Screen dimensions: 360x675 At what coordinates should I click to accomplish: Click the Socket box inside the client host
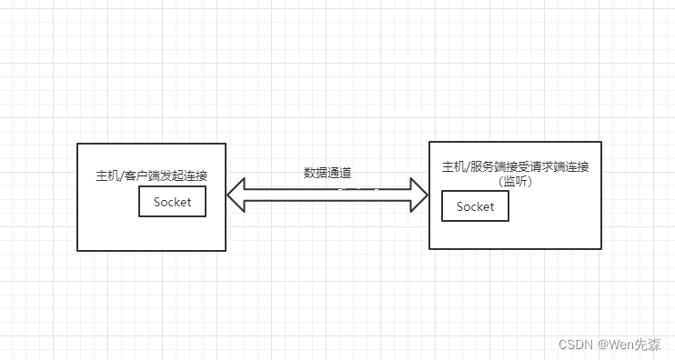pyautogui.click(x=173, y=202)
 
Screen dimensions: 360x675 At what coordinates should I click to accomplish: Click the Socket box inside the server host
pyautogui.click(x=475, y=206)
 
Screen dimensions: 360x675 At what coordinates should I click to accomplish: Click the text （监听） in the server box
pyautogui.click(x=515, y=181)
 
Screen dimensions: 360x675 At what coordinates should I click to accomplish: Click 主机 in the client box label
pyautogui.click(x=106, y=175)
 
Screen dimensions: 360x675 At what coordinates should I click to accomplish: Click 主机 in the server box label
pyautogui.click(x=453, y=167)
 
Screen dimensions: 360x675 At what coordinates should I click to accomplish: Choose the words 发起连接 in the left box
pyautogui.click(x=186, y=175)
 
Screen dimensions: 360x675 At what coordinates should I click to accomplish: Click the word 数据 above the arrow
pyautogui.click(x=315, y=172)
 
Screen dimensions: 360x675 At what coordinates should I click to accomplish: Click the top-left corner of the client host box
pyautogui.click(x=78, y=144)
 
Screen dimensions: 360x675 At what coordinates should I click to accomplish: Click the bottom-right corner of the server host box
pyautogui.click(x=601, y=248)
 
